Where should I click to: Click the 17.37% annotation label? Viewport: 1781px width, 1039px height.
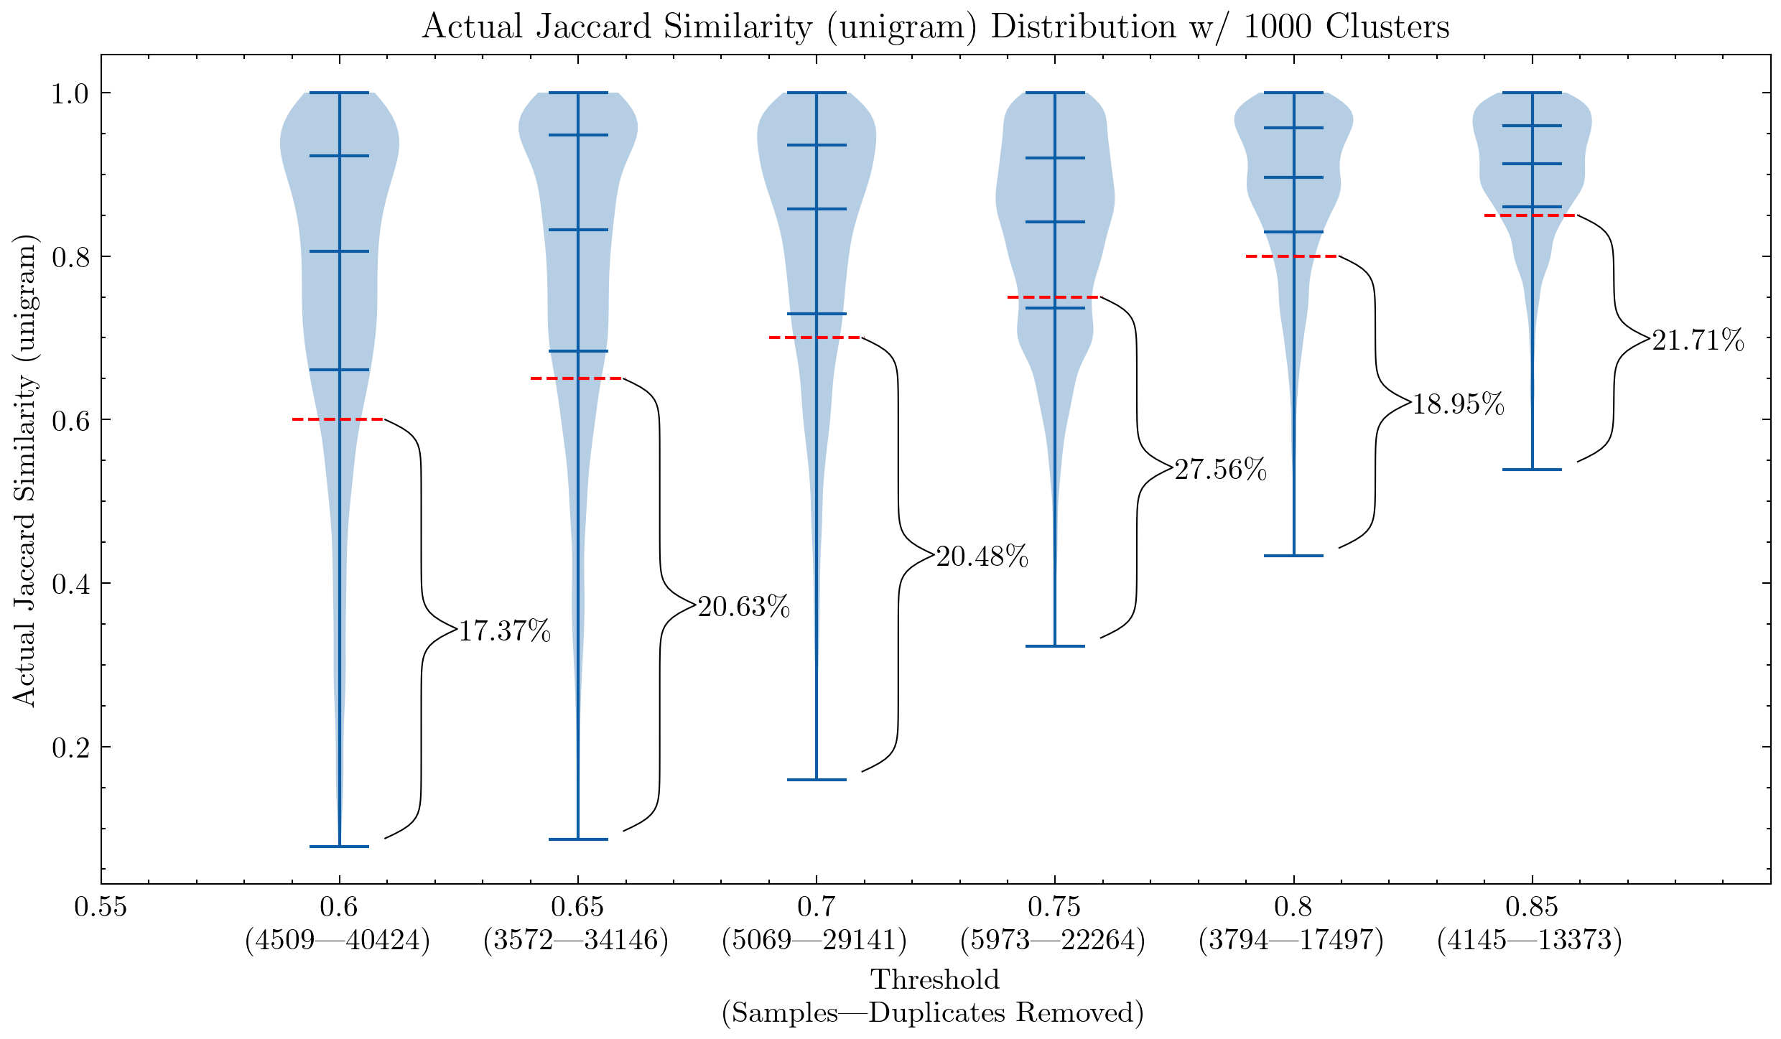(505, 631)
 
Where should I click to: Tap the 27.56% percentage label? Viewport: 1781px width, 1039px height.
(1221, 470)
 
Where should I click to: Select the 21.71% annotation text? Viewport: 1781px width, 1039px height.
(1698, 340)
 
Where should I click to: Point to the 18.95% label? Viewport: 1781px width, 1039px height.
(1459, 404)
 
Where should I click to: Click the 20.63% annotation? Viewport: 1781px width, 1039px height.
(744, 607)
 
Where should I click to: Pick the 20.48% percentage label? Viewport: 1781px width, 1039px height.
(982, 556)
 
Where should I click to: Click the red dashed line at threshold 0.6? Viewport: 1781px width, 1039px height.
(338, 419)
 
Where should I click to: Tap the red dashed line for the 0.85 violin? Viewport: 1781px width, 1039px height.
(1530, 215)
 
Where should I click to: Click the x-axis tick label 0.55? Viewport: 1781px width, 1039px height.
(101, 908)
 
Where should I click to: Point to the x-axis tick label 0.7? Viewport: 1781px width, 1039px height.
(816, 908)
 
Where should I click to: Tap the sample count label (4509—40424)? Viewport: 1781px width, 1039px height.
(338, 940)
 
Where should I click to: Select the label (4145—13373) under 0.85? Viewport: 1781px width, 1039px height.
(1530, 940)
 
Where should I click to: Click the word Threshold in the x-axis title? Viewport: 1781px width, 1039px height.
(935, 979)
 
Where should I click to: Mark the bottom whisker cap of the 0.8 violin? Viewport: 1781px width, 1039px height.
(1293, 556)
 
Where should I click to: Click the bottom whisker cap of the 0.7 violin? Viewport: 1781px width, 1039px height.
(817, 780)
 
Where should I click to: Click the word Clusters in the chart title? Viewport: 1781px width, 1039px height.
(1387, 27)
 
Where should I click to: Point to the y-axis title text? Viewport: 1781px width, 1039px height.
(24, 470)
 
